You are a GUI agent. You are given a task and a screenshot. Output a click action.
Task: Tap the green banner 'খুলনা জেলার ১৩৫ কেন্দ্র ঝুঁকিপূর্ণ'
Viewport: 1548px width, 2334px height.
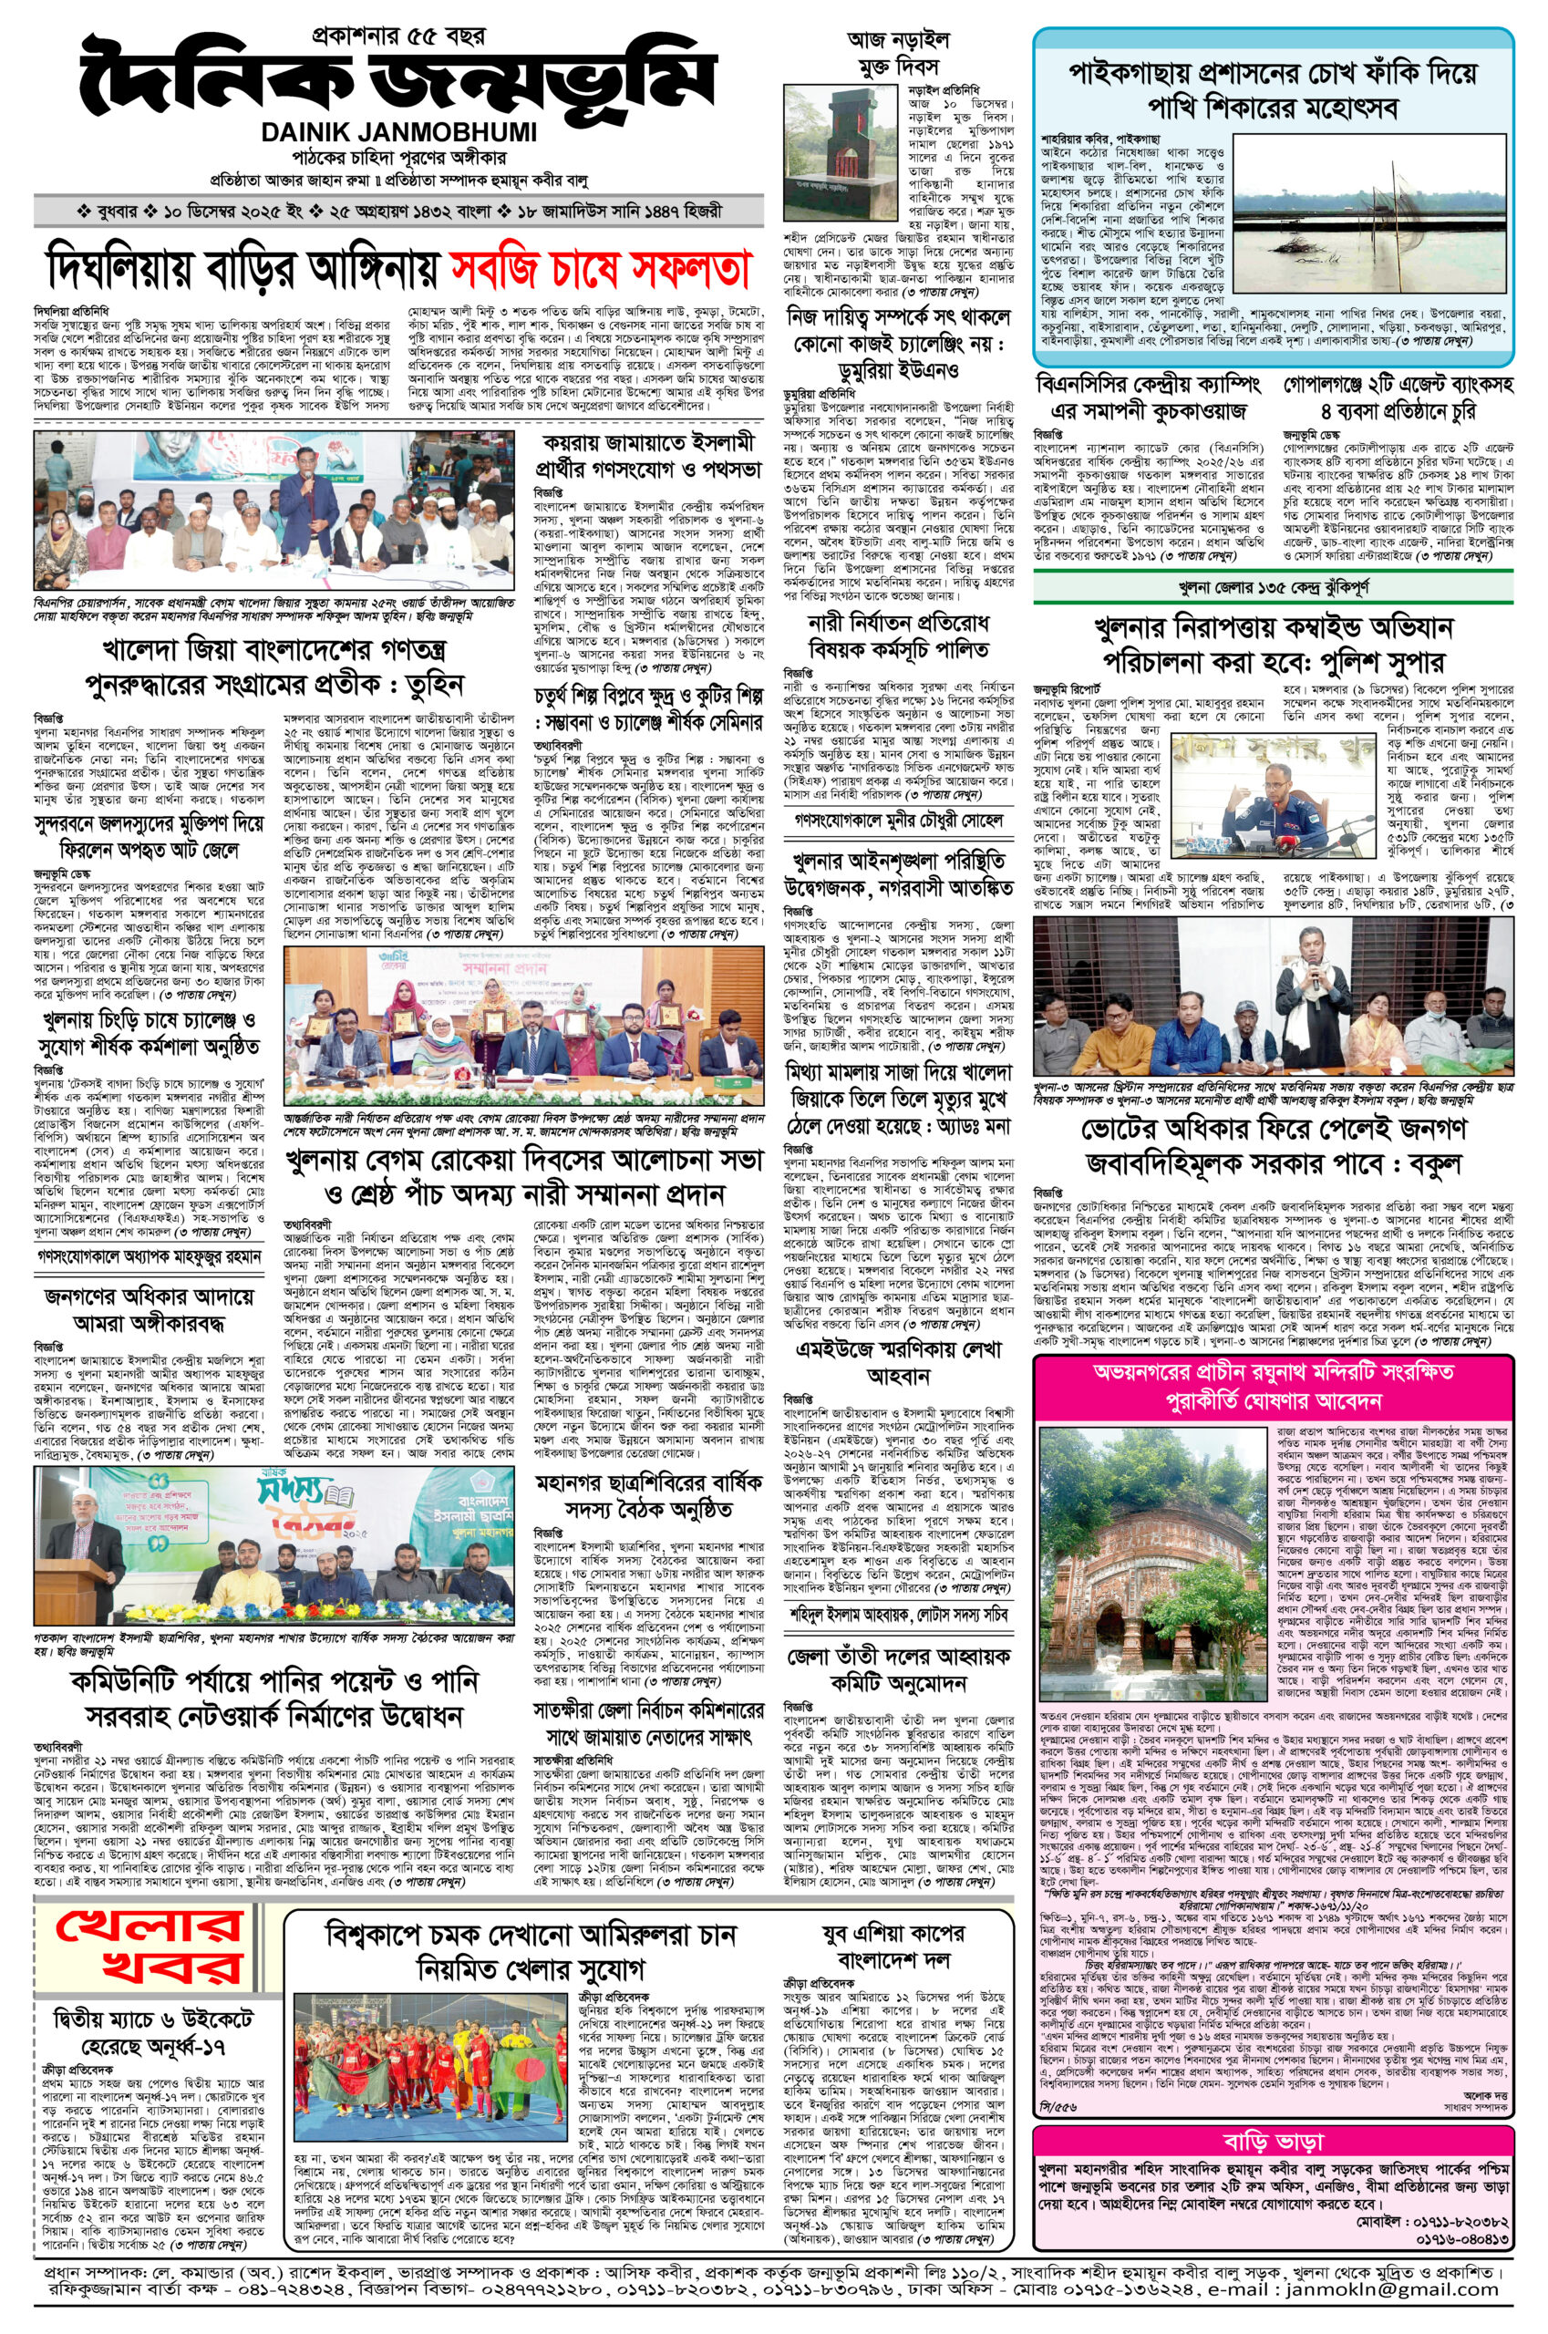1273,588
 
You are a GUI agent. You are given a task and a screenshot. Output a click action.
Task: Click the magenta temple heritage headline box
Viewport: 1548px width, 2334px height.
1273,1386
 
